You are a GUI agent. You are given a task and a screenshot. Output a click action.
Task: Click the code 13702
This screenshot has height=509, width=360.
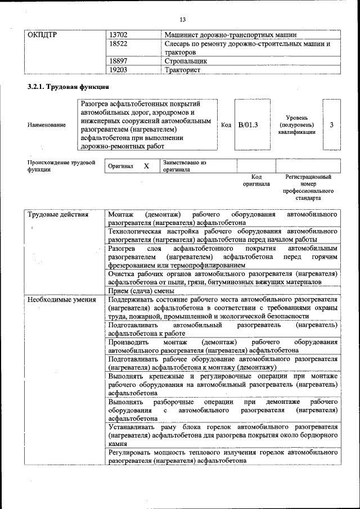119,34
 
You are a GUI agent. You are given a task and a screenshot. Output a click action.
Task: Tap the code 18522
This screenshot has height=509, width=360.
119,43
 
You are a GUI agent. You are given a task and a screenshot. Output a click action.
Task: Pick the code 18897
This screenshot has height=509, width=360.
119,61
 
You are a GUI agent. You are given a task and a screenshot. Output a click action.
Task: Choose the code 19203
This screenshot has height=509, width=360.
119,70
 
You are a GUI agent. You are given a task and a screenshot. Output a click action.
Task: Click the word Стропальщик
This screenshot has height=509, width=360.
186,61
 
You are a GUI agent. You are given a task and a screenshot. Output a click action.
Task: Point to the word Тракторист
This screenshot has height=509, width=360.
183,70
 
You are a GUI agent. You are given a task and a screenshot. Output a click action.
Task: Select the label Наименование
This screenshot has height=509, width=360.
47,125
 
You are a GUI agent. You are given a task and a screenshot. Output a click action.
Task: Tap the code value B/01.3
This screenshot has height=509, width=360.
248,125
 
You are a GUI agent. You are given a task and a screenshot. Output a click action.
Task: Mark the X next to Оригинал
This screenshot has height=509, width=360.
146,166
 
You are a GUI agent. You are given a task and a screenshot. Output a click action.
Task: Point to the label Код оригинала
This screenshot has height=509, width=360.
256,180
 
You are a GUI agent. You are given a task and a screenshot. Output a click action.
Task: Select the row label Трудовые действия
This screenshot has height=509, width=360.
58,215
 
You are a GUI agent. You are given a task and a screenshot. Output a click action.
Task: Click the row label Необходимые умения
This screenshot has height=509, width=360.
62,300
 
